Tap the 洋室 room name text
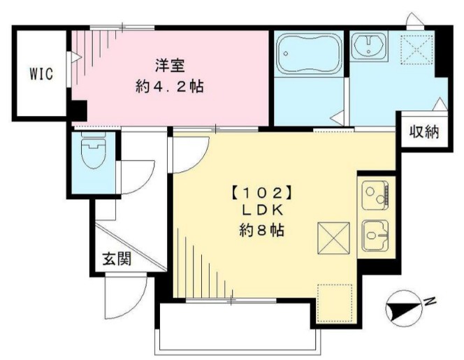pos(169,67)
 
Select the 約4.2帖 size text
pos(169,89)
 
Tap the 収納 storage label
pos(423,131)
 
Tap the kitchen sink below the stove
pos(376,234)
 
